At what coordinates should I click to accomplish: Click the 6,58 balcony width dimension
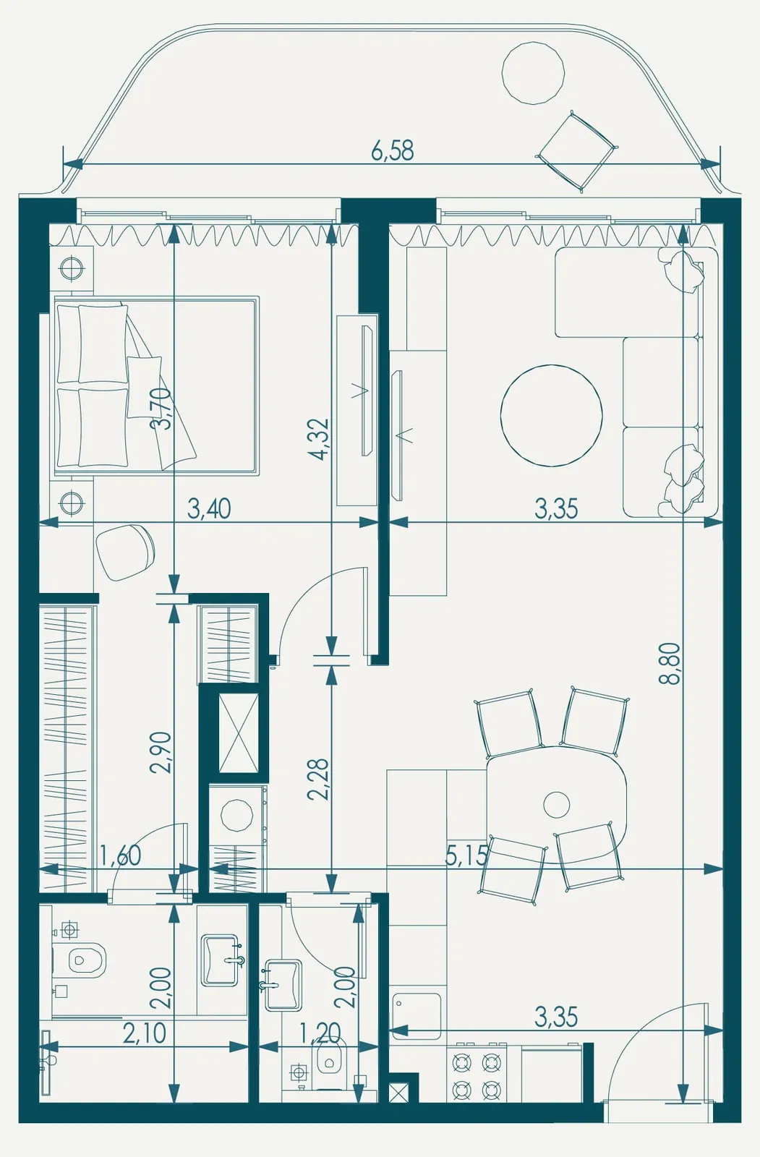click(x=393, y=150)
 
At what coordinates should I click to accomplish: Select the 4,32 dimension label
click(x=317, y=439)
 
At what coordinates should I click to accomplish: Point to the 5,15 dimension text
click(x=466, y=857)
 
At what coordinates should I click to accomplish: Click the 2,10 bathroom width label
click(x=145, y=1033)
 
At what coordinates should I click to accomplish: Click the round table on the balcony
click(x=533, y=73)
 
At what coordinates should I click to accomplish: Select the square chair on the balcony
click(x=576, y=151)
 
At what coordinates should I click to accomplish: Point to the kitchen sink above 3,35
click(x=416, y=1017)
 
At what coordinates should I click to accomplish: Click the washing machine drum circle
click(x=236, y=815)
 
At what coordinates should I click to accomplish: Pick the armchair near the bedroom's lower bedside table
click(x=125, y=552)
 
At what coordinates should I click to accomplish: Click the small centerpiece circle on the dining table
click(x=556, y=804)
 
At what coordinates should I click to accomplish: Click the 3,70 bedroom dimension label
click(x=160, y=408)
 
